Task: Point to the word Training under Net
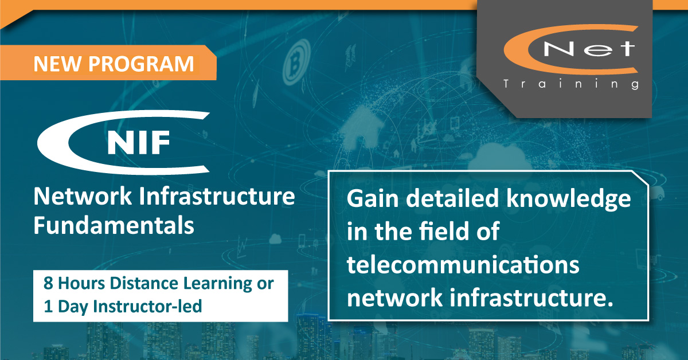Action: click(x=570, y=84)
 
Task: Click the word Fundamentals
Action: click(x=114, y=225)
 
